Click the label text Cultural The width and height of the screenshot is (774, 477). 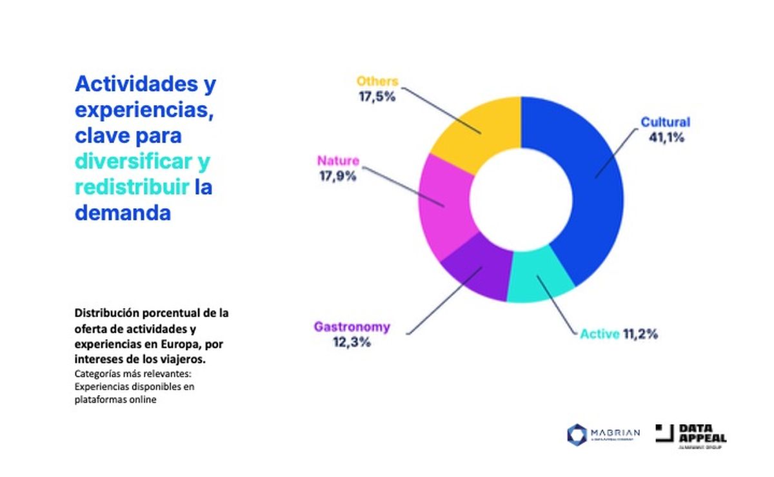[665, 122]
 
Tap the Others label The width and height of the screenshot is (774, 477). [377, 82]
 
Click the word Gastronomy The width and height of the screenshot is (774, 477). [352, 327]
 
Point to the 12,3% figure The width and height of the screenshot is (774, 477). [352, 342]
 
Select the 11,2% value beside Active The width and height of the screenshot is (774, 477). [640, 334]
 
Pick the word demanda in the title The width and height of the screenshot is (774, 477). [123, 212]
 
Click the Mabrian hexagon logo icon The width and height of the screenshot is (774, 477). [577, 434]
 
